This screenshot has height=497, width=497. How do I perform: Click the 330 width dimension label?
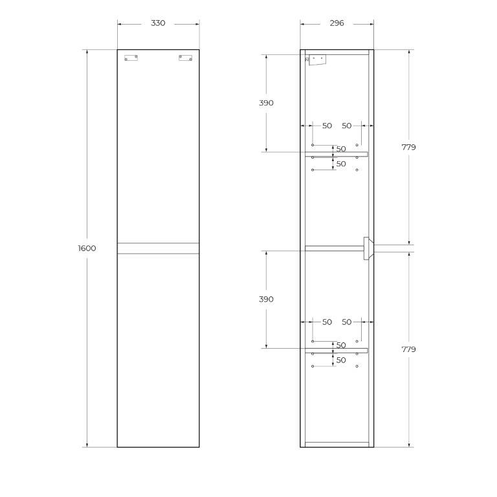pos(158,23)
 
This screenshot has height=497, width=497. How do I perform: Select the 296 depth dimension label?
pos(337,23)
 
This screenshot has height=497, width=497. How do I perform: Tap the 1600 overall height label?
pos(87,248)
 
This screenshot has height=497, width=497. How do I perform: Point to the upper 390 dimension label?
pos(265,103)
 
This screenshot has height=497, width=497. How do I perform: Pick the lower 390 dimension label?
pos(265,300)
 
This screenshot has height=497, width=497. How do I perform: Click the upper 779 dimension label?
pos(408,148)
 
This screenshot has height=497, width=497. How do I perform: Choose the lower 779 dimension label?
pos(408,349)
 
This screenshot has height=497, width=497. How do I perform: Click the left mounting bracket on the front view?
pos(131,58)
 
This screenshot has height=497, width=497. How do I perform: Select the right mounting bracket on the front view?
pos(185,58)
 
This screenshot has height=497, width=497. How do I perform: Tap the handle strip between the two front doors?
pos(158,248)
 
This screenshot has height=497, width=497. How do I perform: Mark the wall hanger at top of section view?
pos(316,60)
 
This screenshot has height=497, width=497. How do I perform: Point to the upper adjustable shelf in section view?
pos(336,154)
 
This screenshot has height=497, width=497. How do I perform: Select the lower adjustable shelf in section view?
pos(336,351)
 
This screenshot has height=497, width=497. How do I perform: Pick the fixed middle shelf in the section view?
pos(333,247)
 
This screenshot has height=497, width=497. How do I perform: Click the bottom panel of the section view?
pos(337,445)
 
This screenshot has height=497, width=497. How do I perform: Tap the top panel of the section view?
pos(337,52)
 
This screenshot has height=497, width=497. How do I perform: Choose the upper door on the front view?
pos(158,149)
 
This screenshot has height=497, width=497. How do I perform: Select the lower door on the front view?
pos(158,349)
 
